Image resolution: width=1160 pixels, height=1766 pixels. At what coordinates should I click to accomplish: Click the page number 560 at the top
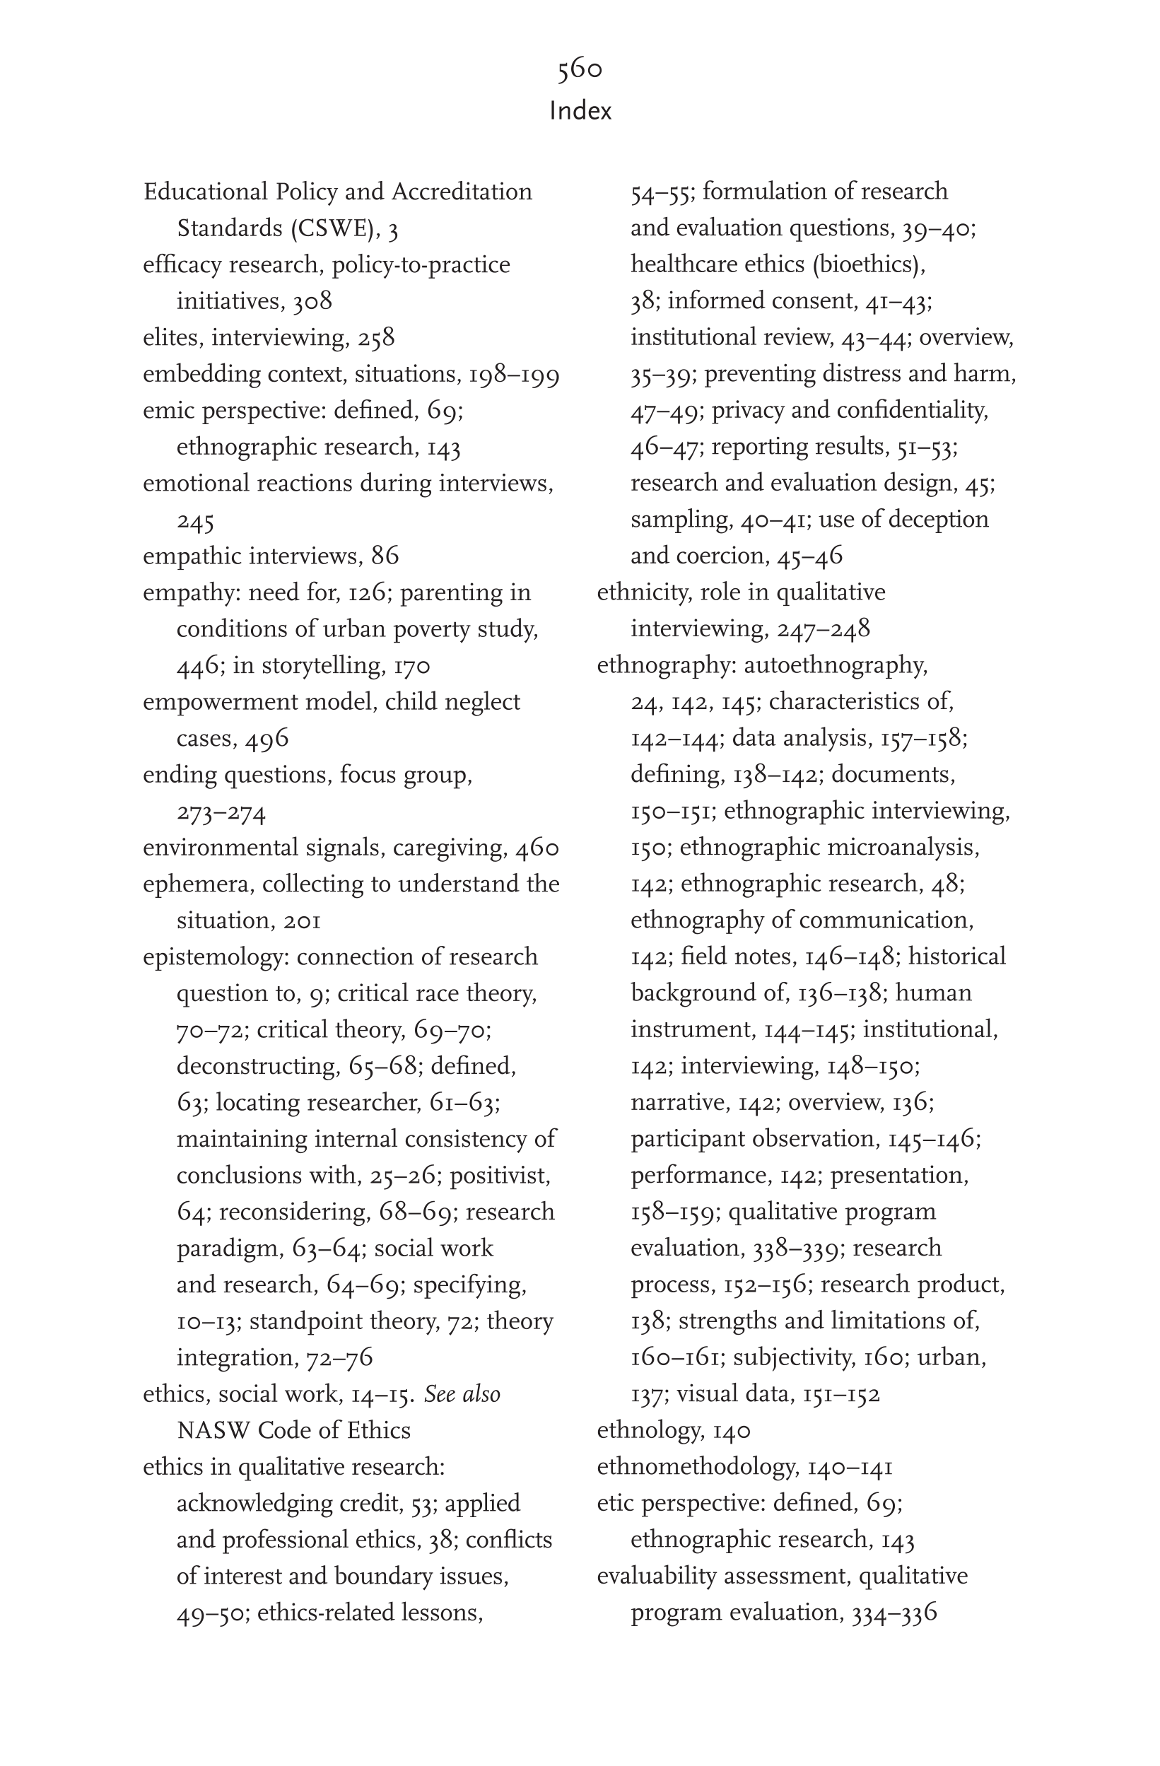tap(580, 69)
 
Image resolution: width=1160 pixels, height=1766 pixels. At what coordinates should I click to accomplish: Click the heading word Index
tap(580, 111)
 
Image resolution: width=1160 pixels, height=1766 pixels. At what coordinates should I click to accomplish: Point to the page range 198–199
tap(514, 374)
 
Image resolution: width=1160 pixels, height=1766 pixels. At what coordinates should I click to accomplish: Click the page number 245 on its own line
tap(195, 521)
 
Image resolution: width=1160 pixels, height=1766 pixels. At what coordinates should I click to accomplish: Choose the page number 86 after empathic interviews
tap(385, 556)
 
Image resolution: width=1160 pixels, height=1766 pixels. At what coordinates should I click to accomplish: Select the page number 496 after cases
tap(266, 738)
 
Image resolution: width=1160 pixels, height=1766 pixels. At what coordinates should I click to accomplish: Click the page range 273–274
tap(221, 812)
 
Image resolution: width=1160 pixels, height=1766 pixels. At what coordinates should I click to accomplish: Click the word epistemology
tap(213, 957)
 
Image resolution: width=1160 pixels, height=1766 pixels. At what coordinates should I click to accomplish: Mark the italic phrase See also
tap(462, 1394)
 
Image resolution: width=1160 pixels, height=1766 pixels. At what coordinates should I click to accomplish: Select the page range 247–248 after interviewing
tap(823, 629)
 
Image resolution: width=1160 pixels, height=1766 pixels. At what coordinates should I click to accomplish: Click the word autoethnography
tap(835, 665)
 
